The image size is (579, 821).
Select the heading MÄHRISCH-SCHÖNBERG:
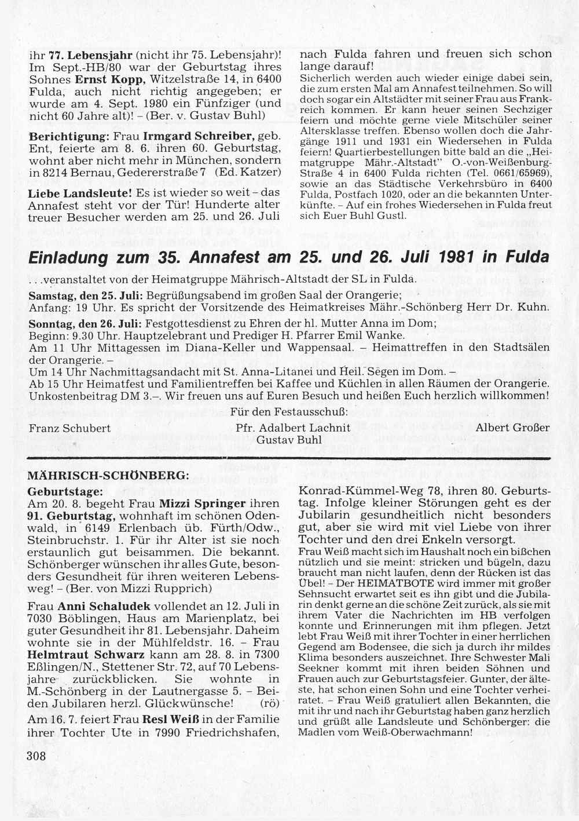click(x=108, y=474)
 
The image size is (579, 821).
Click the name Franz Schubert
click(x=69, y=428)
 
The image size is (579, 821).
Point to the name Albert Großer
click(x=512, y=428)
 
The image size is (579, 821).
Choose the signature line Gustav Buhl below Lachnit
click(x=289, y=440)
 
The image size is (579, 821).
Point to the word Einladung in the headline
click(x=72, y=257)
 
